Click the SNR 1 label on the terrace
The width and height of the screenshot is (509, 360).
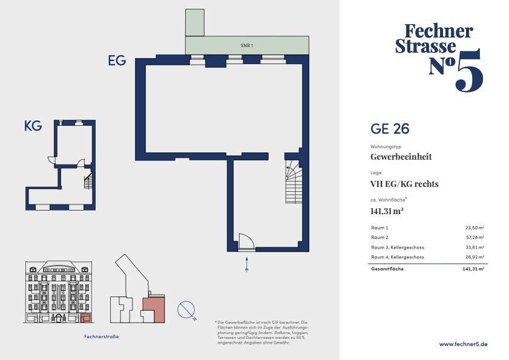tap(247, 45)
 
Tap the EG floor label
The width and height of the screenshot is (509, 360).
tap(117, 61)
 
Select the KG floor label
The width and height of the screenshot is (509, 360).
tap(33, 126)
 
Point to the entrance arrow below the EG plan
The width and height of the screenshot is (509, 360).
tap(247, 264)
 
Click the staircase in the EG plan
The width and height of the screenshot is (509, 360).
tap(294, 182)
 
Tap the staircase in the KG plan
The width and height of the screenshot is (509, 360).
tap(88, 181)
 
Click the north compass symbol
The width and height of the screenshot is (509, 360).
tap(186, 310)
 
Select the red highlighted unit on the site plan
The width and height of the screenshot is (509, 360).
tap(154, 309)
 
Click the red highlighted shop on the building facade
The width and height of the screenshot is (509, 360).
tap(86, 318)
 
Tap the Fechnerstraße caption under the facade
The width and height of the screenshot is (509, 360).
tap(101, 336)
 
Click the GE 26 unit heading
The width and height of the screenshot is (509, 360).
tap(390, 129)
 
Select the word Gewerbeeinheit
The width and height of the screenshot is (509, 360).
tap(401, 157)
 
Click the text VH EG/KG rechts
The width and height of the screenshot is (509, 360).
tap(404, 184)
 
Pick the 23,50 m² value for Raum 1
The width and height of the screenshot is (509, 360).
tap(475, 228)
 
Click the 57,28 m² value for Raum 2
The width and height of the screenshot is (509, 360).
tap(475, 238)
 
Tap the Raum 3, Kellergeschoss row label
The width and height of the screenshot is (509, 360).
tap(397, 247)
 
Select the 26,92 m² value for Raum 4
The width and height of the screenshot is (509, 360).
tap(475, 257)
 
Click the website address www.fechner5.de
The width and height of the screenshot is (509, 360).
tap(463, 344)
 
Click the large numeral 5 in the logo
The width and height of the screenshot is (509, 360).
tap(469, 70)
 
